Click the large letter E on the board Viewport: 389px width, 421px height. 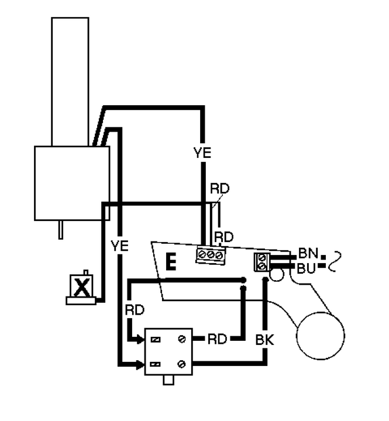point(170,261)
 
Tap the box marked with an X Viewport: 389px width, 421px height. point(82,286)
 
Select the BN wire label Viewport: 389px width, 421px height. point(307,254)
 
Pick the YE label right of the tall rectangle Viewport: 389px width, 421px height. point(202,153)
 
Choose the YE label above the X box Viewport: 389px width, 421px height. point(119,245)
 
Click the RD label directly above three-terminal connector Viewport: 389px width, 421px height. point(223,237)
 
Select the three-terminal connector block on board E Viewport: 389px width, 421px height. point(210,254)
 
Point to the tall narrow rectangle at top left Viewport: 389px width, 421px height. point(70,81)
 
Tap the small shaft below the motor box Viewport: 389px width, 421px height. point(61,229)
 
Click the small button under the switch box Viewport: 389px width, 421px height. point(169,380)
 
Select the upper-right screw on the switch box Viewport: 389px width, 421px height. point(183,339)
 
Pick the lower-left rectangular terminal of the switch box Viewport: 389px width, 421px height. point(156,364)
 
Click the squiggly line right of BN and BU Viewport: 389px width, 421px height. point(333,261)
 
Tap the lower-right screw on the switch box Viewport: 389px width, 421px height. point(183,364)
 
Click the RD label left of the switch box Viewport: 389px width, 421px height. point(134,309)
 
